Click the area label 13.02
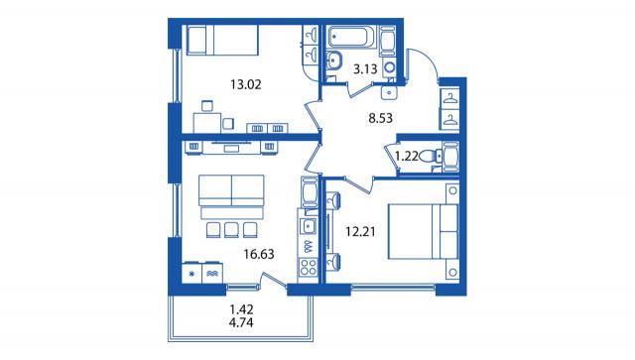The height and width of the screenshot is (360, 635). [x=246, y=84]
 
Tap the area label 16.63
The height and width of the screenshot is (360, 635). [x=259, y=254]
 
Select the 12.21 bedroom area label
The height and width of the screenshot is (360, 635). [x=360, y=232]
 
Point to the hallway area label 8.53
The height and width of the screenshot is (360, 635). [x=380, y=118]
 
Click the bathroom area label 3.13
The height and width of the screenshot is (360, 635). [x=365, y=69]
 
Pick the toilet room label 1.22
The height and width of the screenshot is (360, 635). [x=406, y=156]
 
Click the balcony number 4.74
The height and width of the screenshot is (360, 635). [x=241, y=322]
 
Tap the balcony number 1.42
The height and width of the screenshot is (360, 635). [x=241, y=309]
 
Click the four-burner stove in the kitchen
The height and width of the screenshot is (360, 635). [x=308, y=267]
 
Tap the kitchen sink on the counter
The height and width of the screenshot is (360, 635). [x=309, y=225]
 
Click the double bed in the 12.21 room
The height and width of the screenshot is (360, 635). [x=423, y=231]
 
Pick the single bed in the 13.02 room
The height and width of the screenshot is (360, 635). [x=222, y=40]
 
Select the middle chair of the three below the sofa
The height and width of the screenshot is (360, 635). [x=230, y=230]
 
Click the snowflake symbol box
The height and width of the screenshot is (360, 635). [x=191, y=273]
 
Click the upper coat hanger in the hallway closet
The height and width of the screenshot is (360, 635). [x=449, y=98]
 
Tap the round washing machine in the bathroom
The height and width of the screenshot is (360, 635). [x=390, y=67]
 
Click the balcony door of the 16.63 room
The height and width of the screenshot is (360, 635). [x=274, y=281]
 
